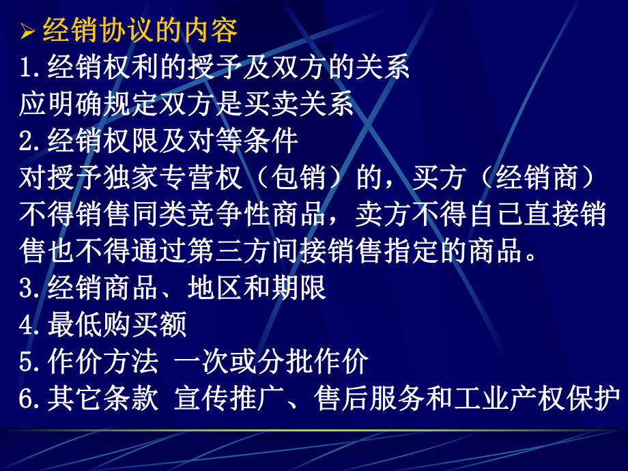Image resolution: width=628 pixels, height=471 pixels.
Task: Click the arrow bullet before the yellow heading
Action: click(28, 32)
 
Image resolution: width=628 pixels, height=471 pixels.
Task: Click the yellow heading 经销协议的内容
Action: click(140, 31)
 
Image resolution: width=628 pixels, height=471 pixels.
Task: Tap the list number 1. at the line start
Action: click(31, 68)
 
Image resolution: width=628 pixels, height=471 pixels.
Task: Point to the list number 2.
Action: click(31, 142)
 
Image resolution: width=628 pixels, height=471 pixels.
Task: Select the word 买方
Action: click(438, 178)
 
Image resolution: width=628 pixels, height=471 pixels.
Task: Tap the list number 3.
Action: click(31, 289)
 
